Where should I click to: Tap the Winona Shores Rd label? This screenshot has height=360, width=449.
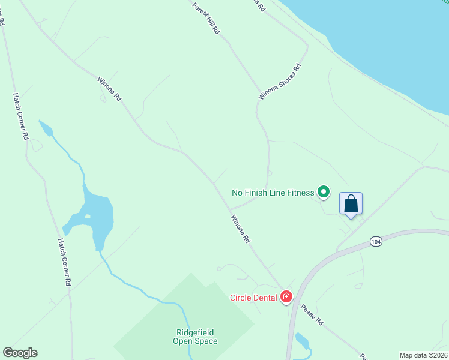point(279,81)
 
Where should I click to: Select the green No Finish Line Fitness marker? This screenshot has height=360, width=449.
point(324,192)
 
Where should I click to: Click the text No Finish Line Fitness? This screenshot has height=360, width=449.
point(273,193)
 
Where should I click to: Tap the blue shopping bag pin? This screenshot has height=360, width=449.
point(351,203)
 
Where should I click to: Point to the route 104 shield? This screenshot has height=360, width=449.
point(376,242)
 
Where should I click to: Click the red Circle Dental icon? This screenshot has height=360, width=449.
point(286,296)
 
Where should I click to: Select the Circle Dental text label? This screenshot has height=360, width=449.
point(253,297)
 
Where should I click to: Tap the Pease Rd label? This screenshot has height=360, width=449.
point(312,315)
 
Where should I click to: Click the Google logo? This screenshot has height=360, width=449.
point(20,353)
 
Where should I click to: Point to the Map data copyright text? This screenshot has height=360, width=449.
point(423,355)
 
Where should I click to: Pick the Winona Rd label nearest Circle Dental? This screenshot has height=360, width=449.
point(240,229)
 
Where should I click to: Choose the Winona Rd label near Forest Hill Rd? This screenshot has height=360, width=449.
point(110,89)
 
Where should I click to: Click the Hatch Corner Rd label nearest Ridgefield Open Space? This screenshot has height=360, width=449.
point(65,262)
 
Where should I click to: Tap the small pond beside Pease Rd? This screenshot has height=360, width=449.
point(301,341)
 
